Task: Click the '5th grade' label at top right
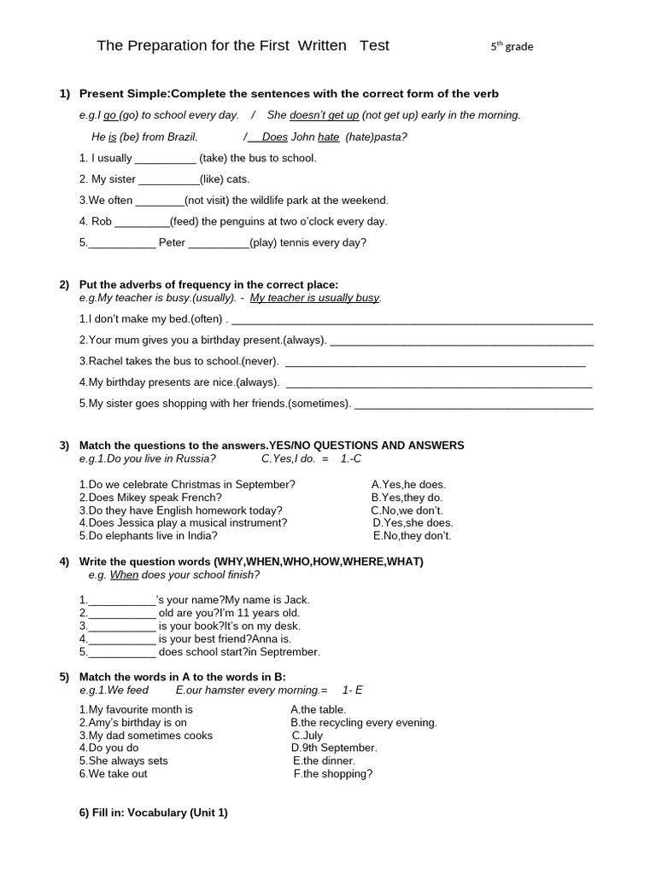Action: pos(512,47)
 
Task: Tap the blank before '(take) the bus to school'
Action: pos(166,159)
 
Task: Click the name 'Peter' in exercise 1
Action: pos(172,243)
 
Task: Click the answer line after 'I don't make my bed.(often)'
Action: pos(412,320)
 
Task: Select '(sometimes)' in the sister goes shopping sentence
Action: pos(319,404)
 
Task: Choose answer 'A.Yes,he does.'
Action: pos(408,485)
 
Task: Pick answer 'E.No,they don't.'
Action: pos(412,536)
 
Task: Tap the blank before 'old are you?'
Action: pos(121,614)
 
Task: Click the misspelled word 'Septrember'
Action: pos(291,652)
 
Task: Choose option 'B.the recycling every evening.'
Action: pos(364,723)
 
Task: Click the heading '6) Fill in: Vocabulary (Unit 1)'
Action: pos(153,813)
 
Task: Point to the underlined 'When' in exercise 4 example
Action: pos(124,575)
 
